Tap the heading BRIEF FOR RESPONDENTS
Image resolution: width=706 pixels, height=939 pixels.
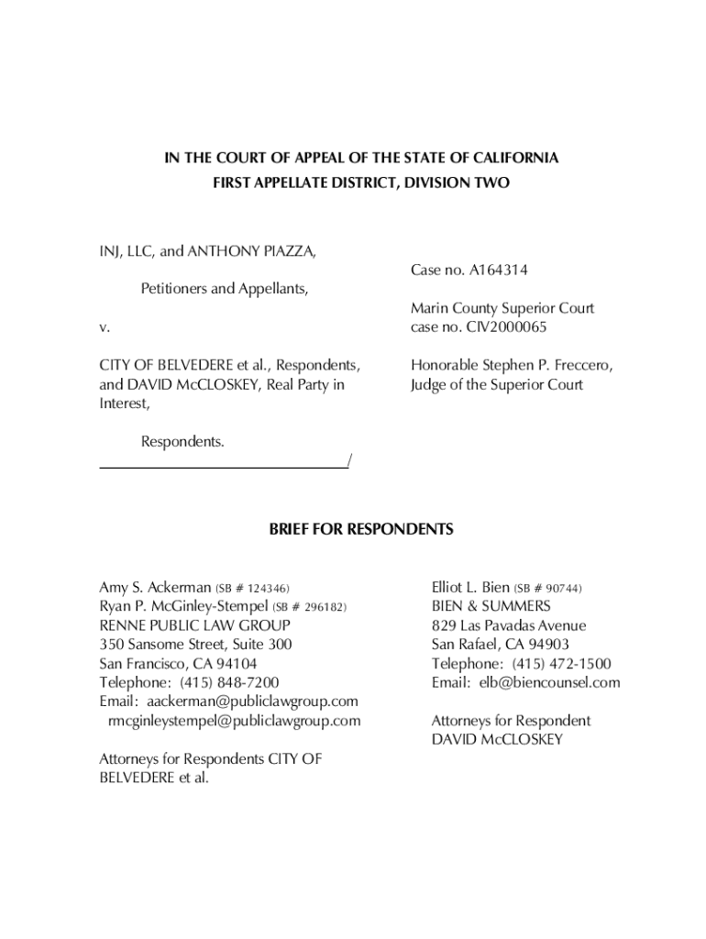[x=361, y=530]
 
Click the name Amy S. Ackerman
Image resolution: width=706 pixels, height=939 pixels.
[x=155, y=587]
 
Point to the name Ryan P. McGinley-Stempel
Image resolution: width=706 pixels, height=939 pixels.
[x=183, y=606]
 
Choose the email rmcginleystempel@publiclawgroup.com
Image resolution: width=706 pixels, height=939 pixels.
[x=234, y=721]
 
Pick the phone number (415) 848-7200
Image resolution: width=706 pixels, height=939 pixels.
[x=229, y=682]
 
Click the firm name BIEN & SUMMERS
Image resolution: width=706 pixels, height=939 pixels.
[x=491, y=606]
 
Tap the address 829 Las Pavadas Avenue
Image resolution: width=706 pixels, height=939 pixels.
[x=509, y=625]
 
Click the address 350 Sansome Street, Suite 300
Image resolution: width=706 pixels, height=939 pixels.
[x=195, y=645]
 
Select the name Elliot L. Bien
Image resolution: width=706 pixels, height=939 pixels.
[x=469, y=587]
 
